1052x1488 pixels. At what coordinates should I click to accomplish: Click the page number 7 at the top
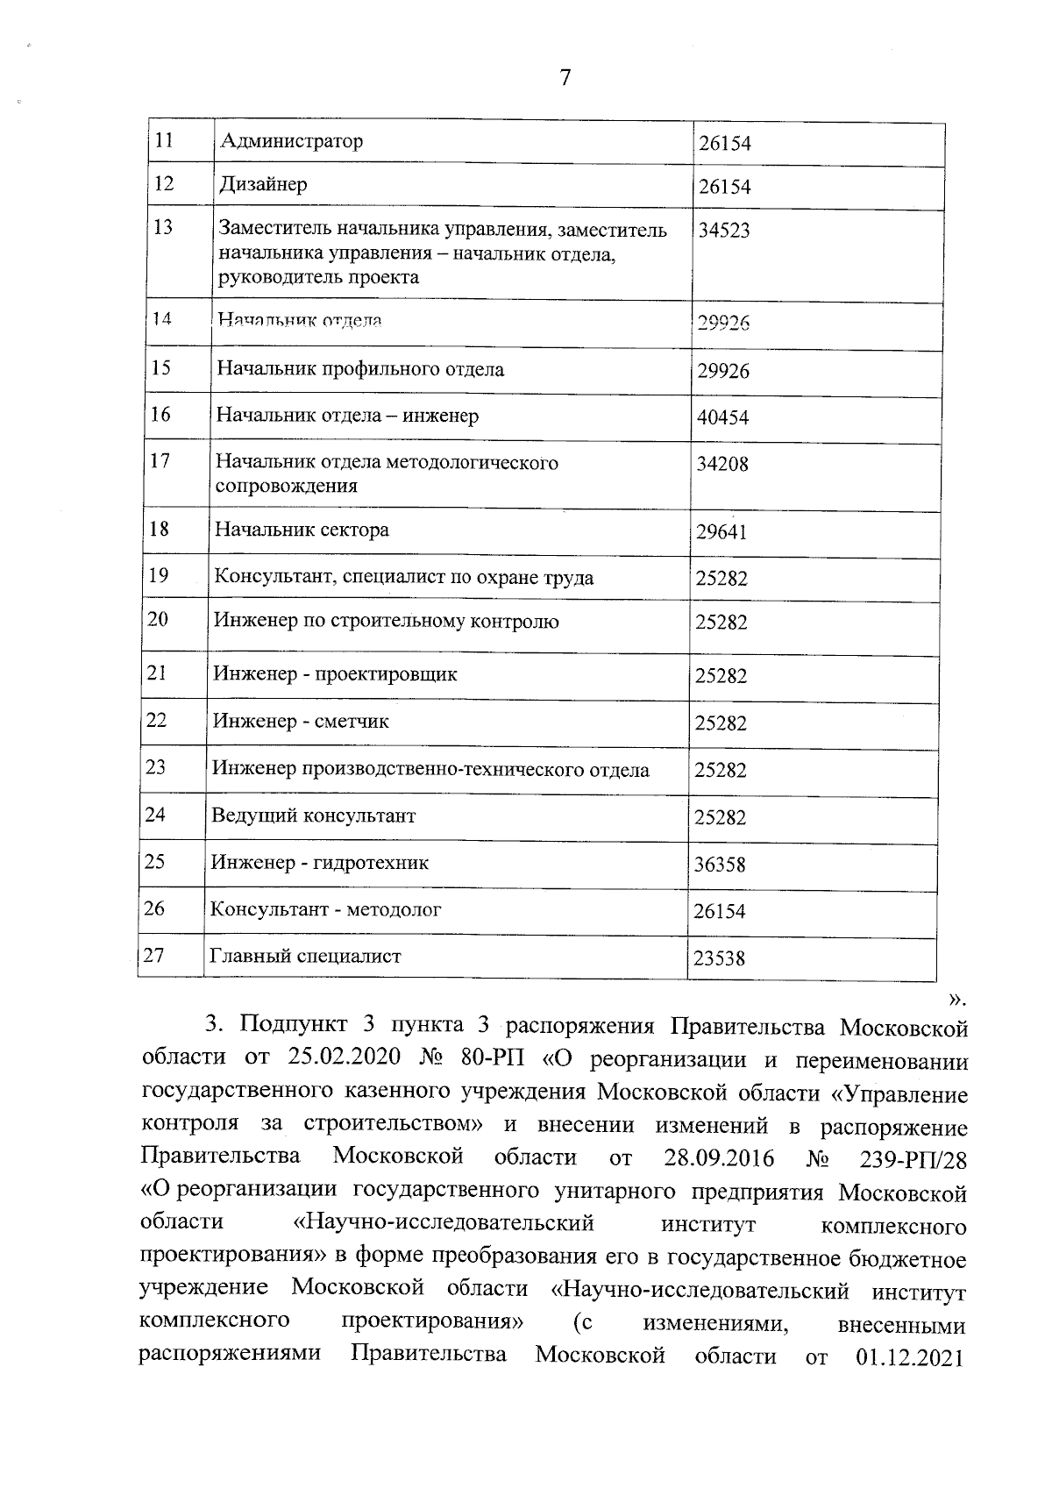click(565, 78)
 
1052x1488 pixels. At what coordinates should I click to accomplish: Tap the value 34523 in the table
click(724, 231)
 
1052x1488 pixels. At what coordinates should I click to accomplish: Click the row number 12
click(164, 183)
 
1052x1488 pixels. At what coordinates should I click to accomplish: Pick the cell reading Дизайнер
click(263, 185)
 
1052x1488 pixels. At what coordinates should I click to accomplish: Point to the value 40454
click(722, 417)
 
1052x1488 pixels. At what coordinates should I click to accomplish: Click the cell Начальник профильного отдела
click(360, 369)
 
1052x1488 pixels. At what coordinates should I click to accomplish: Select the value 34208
click(722, 464)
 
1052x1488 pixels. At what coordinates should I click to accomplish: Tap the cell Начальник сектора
click(302, 530)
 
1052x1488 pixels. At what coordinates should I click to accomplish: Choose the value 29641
click(721, 531)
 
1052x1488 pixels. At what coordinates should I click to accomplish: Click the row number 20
click(158, 619)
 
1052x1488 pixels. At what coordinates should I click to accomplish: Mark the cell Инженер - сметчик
click(301, 722)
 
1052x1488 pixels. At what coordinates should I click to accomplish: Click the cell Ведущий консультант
click(313, 815)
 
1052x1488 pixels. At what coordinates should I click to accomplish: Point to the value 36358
click(720, 865)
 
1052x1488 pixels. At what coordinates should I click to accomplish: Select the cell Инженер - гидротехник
click(320, 863)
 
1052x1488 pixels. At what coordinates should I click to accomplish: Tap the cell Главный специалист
click(304, 956)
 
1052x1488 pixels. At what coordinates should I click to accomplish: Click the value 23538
click(719, 958)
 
